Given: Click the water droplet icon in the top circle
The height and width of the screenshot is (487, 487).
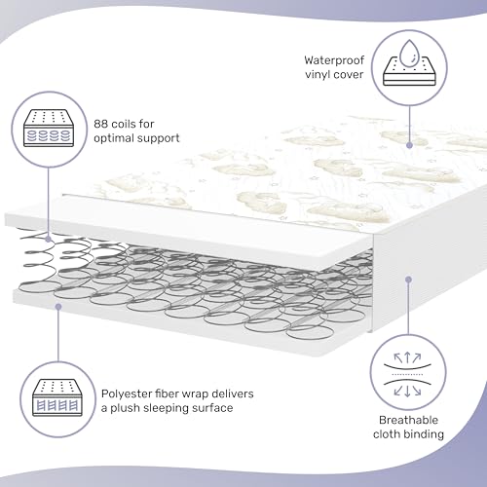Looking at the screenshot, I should (406, 53).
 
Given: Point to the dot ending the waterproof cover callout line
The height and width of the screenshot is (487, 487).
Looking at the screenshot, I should (408, 145).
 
